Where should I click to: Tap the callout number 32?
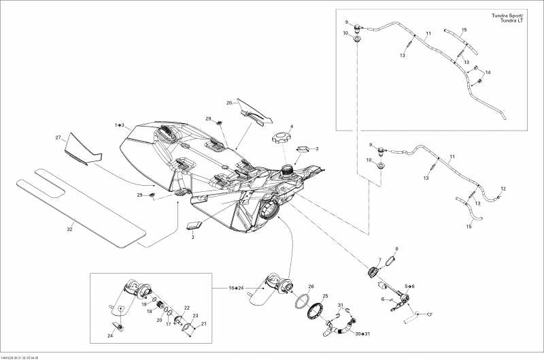coord(69,229)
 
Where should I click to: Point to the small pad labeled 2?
coord(194,226)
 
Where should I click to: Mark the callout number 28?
coord(209,118)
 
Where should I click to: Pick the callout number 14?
coord(487,72)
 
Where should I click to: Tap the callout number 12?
coord(503,189)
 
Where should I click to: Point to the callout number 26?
coord(311,287)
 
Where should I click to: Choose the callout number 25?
coord(325,296)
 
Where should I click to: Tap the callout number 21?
coord(203,323)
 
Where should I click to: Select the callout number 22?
coord(186,308)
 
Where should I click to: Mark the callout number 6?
coord(384,299)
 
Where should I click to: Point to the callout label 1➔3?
coord(119,125)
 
